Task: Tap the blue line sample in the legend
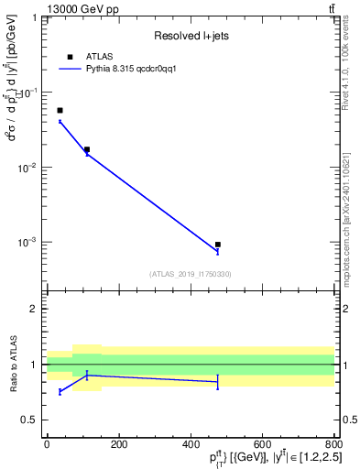pyautogui.click(x=71, y=68)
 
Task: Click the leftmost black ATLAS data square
pyautogui.click(x=60, y=110)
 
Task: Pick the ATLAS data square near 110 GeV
pyautogui.click(x=87, y=149)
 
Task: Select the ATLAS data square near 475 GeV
pyautogui.click(x=217, y=245)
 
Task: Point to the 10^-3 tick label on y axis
pyautogui.click(x=28, y=243)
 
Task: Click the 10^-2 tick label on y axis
pyautogui.click(x=28, y=168)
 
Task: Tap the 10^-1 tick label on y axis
pyautogui.click(x=28, y=93)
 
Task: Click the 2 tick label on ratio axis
pyautogui.click(x=35, y=309)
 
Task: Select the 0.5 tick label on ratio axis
pyautogui.click(x=31, y=420)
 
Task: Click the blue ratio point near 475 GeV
pyautogui.click(x=217, y=381)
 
